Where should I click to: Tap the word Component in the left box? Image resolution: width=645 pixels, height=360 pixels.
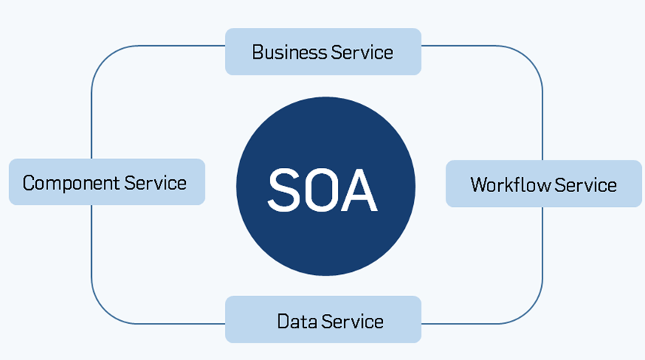pyautogui.click(x=71, y=182)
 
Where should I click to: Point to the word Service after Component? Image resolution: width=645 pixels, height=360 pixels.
pyautogui.click(x=156, y=182)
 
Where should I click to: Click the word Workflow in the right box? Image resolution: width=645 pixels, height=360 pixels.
pyautogui.click(x=506, y=185)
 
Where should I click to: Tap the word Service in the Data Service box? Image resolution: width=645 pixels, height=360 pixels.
pyautogui.click(x=352, y=322)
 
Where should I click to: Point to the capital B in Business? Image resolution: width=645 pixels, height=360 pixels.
pyautogui.click(x=257, y=52)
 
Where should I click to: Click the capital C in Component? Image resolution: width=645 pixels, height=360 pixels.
pyautogui.click(x=29, y=182)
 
